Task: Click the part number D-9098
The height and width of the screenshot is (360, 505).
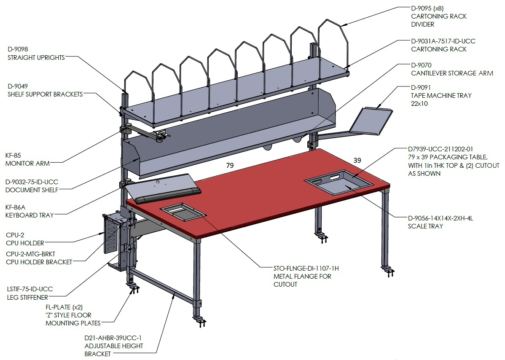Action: (18, 49)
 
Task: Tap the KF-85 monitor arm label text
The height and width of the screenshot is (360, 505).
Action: (27, 159)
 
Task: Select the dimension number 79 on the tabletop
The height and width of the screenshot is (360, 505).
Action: (230, 166)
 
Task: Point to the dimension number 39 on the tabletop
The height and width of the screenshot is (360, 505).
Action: (357, 160)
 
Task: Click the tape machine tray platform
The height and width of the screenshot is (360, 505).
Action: (371, 121)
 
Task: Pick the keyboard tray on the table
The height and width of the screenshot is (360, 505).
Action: (163, 189)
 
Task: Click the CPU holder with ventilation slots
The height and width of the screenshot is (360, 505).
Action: (111, 233)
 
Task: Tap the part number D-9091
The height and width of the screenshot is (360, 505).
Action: (421, 88)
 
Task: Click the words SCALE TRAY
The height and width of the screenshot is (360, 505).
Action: (425, 226)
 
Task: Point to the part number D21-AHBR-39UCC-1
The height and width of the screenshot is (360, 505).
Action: (113, 338)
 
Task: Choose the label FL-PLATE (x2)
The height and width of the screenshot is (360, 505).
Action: (64, 307)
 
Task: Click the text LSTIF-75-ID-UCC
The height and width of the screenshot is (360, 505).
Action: (30, 289)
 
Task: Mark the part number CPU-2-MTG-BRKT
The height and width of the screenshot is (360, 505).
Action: (31, 254)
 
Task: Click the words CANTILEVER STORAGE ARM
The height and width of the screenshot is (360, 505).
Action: (452, 73)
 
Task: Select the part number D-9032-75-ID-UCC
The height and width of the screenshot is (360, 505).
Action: (32, 182)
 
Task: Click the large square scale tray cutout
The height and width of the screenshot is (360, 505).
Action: (339, 183)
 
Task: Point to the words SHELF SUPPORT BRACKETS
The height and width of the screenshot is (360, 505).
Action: (45, 94)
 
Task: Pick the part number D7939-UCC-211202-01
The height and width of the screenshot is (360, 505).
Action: (440, 149)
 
